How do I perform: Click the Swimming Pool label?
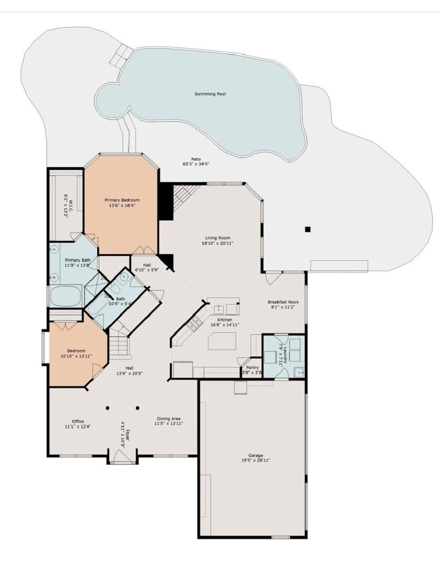pyautogui.click(x=210, y=94)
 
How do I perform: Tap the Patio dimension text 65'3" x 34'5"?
pyautogui.click(x=196, y=164)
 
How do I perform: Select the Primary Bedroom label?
pyautogui.click(x=122, y=200)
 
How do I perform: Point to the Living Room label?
pyautogui.click(x=218, y=238)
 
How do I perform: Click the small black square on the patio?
pyautogui.click(x=308, y=229)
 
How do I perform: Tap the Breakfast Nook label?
pyautogui.click(x=283, y=302)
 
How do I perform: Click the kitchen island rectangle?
pyautogui.click(x=222, y=341)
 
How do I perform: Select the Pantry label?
pyautogui.click(x=253, y=367)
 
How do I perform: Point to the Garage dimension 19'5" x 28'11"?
pyautogui.click(x=255, y=460)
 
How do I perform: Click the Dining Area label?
pyautogui.click(x=169, y=418)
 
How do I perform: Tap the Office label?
pyautogui.click(x=78, y=422)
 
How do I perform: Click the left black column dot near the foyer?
pyautogui.click(x=108, y=408)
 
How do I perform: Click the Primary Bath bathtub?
pyautogui.click(x=65, y=296)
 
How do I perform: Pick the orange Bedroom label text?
pyautogui.click(x=76, y=351)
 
